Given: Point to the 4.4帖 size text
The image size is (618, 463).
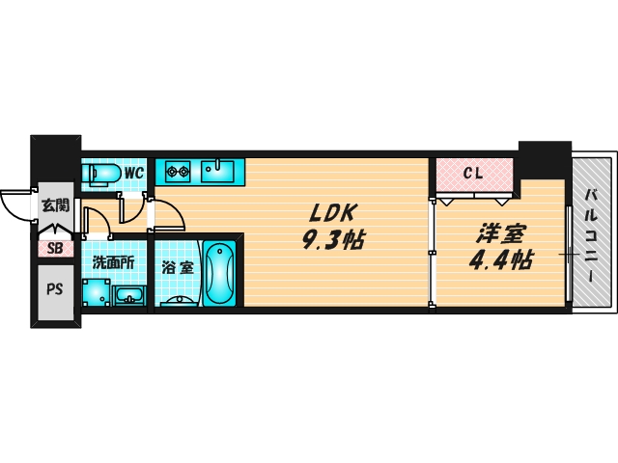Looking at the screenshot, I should pos(500,260).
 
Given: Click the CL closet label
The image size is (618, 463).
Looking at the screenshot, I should pos(472,175).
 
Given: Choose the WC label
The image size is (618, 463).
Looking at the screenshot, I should pos(133,174).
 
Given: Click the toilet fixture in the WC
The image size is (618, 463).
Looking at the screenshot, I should pos(101,174).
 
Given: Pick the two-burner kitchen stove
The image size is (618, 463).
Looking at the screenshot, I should pos(177,173).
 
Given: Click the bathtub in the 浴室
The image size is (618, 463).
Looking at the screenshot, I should pos(220,273).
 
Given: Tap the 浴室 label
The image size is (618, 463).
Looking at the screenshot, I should pos(178,267).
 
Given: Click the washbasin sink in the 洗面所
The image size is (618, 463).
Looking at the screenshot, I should pos(127,295).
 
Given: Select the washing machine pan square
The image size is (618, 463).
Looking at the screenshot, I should pos(95,292).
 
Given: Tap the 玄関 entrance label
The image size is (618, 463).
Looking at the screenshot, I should pos(55,205).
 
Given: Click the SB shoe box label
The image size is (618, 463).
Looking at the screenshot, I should pos(54,248).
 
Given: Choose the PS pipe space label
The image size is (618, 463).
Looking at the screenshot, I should pos(53,288).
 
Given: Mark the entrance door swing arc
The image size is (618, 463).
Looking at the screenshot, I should pos(14,203).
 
